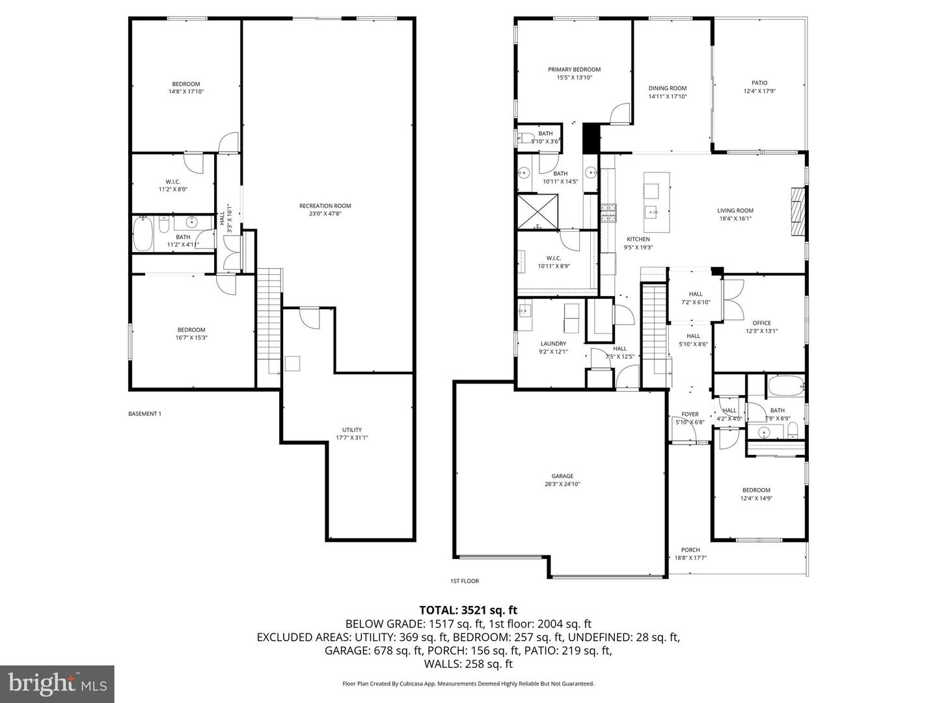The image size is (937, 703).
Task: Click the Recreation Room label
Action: (329, 206)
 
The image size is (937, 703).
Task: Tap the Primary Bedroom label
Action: (574, 70)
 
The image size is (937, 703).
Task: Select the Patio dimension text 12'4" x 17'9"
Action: (759, 91)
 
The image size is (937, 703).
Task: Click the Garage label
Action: (563, 476)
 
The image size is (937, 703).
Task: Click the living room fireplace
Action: (798, 212)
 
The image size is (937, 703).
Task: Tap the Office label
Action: (761, 323)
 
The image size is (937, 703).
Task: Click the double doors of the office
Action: (732, 299)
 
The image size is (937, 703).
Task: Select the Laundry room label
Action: (553, 344)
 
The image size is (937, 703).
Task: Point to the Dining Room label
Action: (668, 89)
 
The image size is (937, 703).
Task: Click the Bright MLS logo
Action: (57, 683)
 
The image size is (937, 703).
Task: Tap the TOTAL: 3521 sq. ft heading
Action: (468, 610)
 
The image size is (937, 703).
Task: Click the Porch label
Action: (690, 550)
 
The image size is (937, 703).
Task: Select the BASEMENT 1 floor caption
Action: (144, 413)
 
